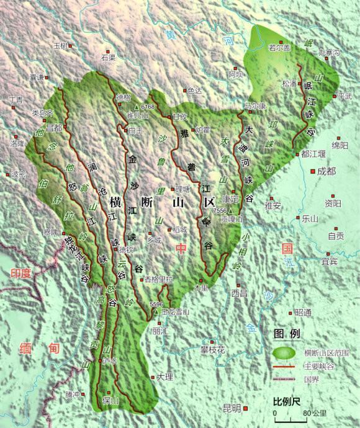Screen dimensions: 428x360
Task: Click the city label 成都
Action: (326, 171)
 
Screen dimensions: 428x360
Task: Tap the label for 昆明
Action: (231, 408)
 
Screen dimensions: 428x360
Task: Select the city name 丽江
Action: (160, 331)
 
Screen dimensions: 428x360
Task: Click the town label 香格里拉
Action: (158, 280)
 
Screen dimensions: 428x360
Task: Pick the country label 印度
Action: (21, 273)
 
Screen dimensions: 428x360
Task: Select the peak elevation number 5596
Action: (156, 304)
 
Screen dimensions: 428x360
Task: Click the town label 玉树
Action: (60, 45)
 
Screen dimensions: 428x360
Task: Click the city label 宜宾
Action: (330, 261)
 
